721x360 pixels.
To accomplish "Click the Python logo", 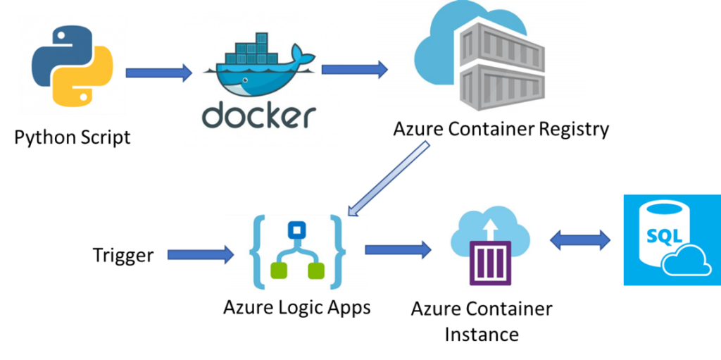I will click(73, 64).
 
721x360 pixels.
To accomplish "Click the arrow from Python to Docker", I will click(158, 73).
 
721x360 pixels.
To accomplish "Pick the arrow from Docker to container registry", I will click(354, 69).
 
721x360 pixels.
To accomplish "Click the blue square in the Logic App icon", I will click(296, 230).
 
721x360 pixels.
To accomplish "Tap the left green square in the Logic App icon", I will click(278, 270).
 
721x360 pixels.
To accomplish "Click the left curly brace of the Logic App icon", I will click(258, 252).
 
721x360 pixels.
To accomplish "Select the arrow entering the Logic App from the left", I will click(200, 254).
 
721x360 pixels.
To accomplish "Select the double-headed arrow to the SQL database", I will click(580, 240).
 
